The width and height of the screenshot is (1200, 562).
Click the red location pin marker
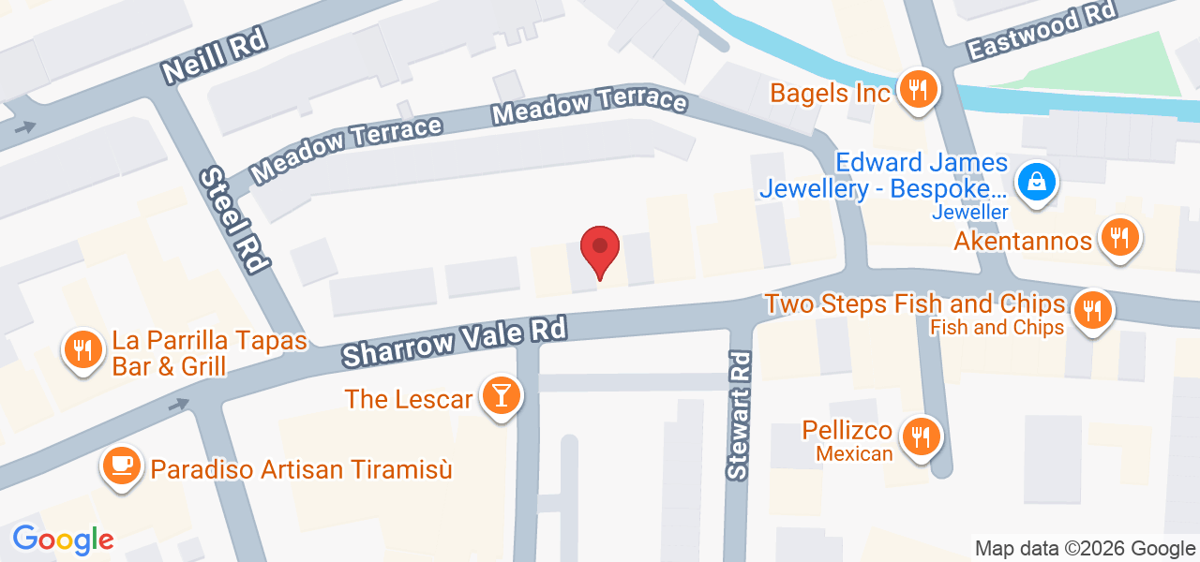[600, 250]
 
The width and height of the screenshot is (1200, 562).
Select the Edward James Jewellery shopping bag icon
[1037, 181]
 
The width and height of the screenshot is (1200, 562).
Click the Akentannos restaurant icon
[1118, 238]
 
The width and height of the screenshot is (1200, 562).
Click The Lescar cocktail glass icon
[500, 396]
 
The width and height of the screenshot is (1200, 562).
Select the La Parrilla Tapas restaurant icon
[83, 350]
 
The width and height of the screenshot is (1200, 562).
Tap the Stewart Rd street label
[740, 416]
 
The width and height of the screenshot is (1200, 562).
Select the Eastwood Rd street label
[1041, 30]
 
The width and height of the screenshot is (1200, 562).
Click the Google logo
[63, 540]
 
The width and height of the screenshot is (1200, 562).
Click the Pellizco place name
[847, 431]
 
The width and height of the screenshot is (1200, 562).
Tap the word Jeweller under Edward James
[969, 212]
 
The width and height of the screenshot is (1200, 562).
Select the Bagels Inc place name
[830, 94]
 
